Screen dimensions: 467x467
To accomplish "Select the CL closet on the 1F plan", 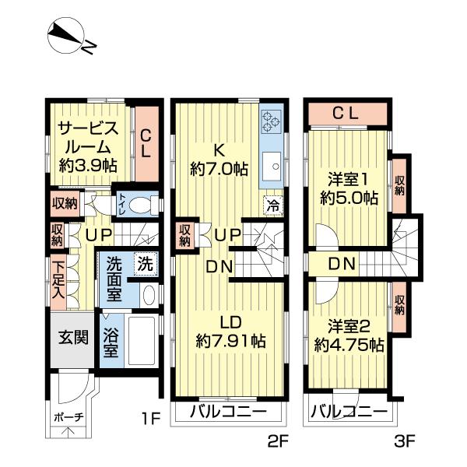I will click(146, 142).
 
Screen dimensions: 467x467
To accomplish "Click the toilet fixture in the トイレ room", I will click(141, 205).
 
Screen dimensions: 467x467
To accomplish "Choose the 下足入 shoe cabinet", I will click(59, 280).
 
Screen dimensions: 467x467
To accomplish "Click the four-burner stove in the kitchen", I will click(272, 121).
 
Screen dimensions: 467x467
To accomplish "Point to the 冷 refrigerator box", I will click(272, 205).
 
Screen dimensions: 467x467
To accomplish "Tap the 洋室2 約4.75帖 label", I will click(349, 335).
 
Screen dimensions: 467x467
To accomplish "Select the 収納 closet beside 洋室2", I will click(399, 304).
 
